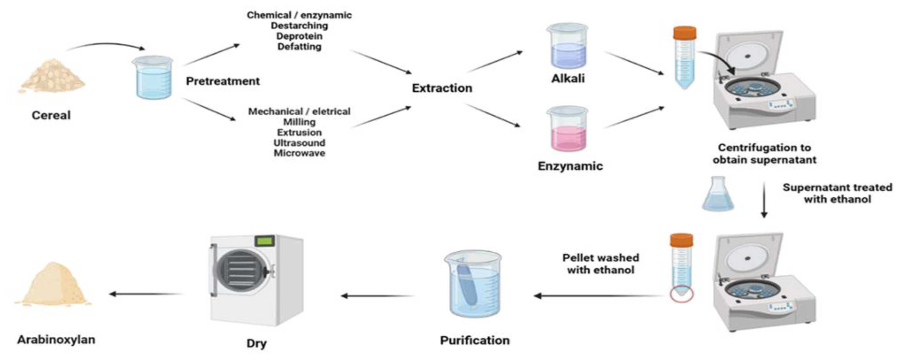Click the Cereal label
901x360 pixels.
click(x=51, y=116)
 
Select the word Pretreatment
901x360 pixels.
click(x=223, y=81)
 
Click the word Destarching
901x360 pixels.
click(x=299, y=26)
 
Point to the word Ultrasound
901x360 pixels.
click(x=299, y=143)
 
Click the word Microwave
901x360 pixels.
click(x=299, y=153)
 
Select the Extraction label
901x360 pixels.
click(x=442, y=88)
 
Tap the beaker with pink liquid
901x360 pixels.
click(x=568, y=129)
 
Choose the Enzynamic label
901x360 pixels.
click(x=570, y=166)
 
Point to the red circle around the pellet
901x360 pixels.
click(x=681, y=295)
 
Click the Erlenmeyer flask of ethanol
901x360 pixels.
click(x=718, y=196)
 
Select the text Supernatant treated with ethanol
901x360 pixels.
click(x=837, y=193)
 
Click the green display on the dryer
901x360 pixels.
click(x=265, y=241)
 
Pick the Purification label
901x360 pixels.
click(x=475, y=340)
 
